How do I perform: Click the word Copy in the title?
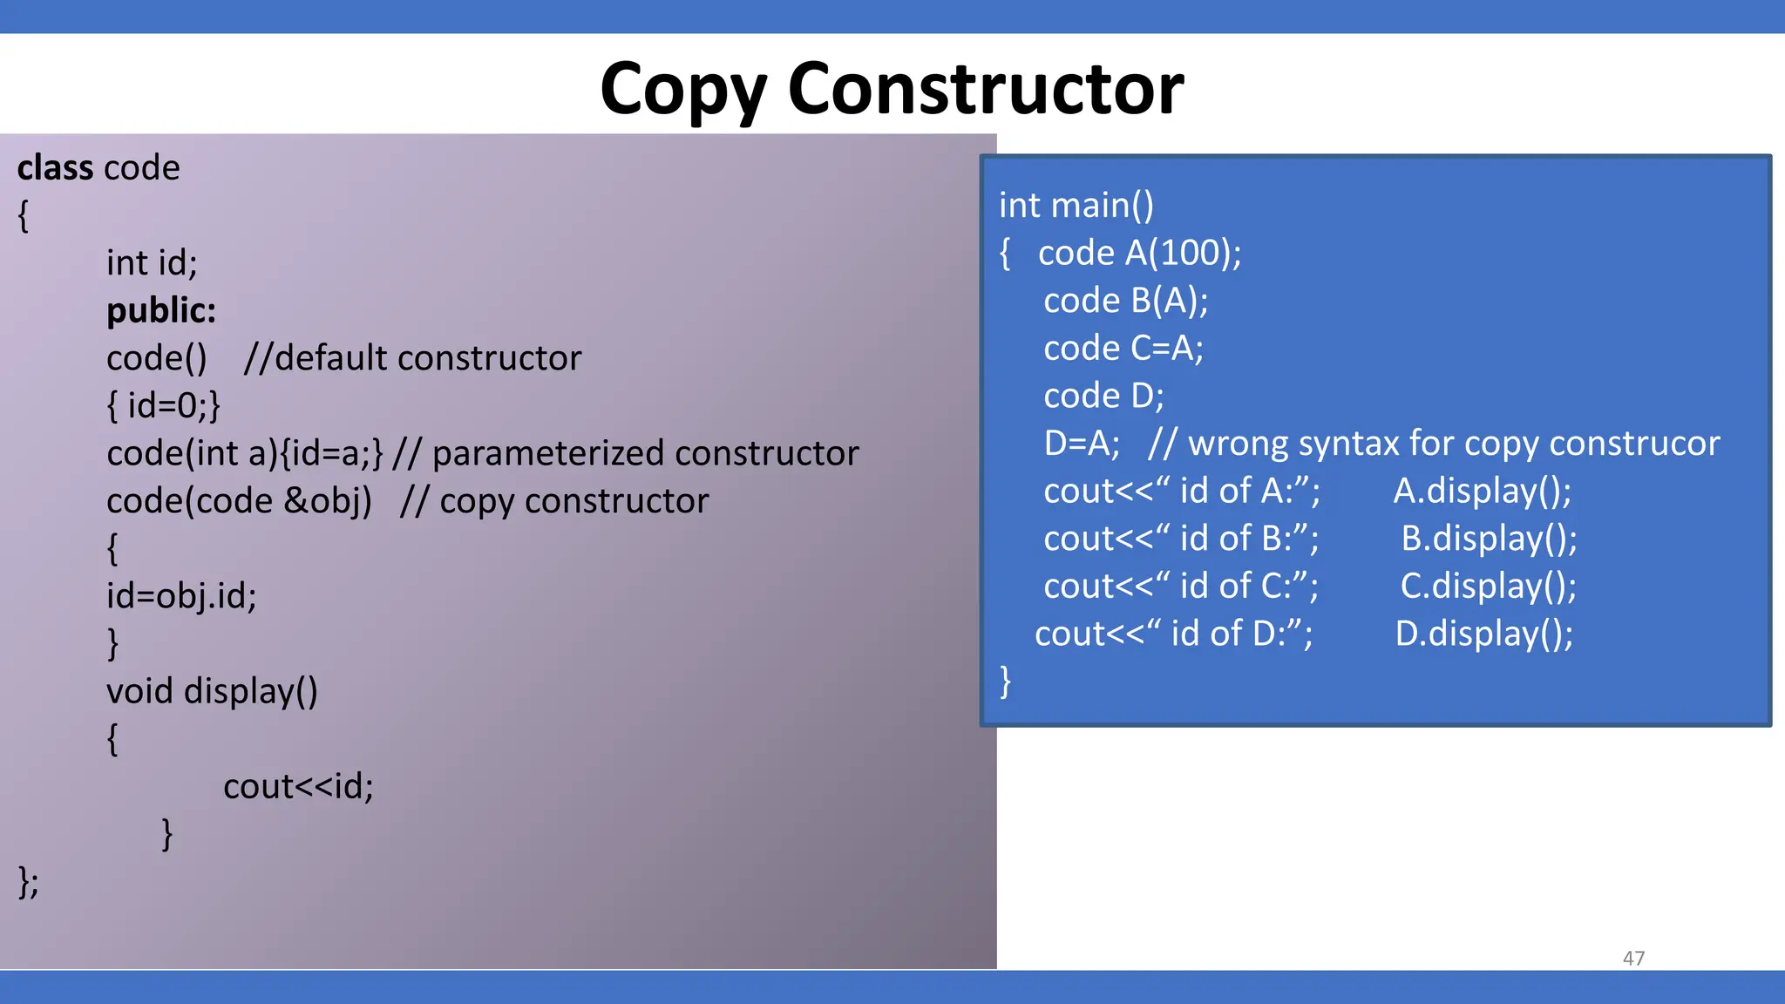click(683, 91)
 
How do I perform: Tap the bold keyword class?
click(54, 167)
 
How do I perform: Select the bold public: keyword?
click(161, 310)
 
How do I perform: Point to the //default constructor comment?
click(412, 358)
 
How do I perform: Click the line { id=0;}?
click(163, 405)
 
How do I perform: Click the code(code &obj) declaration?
click(239, 501)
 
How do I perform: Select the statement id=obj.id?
click(181, 596)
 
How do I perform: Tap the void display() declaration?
click(212, 691)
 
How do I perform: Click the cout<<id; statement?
click(298, 786)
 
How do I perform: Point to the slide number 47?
click(1633, 958)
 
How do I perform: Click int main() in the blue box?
click(1076, 206)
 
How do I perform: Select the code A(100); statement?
click(1139, 253)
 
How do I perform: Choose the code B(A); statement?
click(1125, 301)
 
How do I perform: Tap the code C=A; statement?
click(1123, 349)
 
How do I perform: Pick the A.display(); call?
click(1482, 491)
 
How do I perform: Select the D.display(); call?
click(1483, 634)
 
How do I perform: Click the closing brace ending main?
click(1005, 681)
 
